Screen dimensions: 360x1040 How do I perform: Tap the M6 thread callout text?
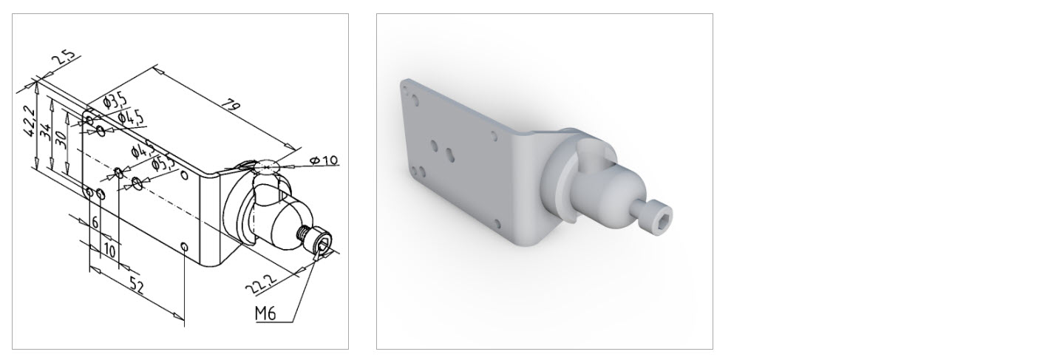point(265,313)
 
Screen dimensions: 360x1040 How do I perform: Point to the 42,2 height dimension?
point(27,121)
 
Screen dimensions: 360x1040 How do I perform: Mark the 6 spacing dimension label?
point(95,222)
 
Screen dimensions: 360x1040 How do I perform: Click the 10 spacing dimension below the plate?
point(109,249)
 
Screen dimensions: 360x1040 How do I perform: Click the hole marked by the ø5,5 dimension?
point(137,182)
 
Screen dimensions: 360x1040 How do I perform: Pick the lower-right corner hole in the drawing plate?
point(185,246)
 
